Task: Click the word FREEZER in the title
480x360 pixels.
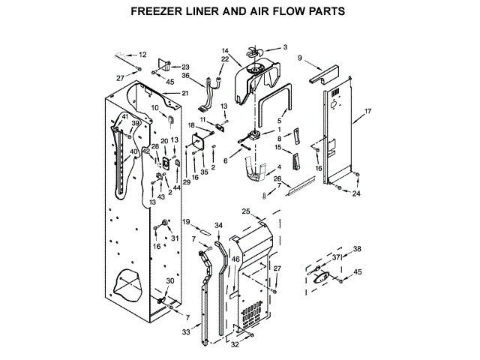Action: (x=158, y=12)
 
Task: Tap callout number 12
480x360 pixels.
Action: (x=142, y=55)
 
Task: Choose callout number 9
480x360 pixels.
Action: (x=299, y=58)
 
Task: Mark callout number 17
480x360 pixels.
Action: (x=367, y=112)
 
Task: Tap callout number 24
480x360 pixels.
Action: (x=356, y=193)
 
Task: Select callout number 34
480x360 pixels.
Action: (x=218, y=225)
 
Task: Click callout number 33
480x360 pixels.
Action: (x=186, y=331)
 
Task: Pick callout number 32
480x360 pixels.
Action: (x=235, y=345)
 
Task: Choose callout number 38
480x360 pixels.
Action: (x=356, y=249)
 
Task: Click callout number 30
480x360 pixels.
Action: (x=170, y=281)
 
